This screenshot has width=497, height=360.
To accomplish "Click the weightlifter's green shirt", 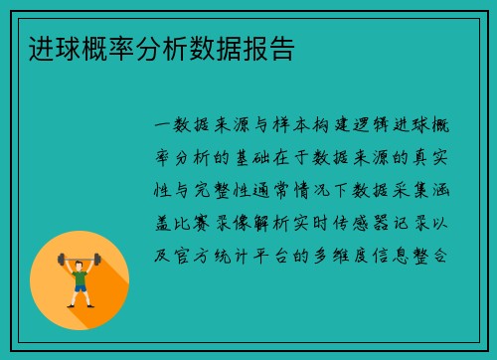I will click(80, 274).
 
